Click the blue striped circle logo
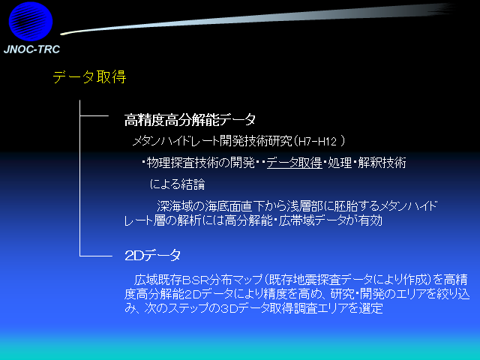[31, 22]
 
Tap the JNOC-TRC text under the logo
[31, 49]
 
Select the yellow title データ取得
[89, 76]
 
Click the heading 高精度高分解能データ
[190, 120]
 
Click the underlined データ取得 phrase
[295, 163]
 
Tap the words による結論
[178, 184]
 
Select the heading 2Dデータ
[153, 255]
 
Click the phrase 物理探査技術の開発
[201, 163]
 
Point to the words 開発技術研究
[256, 142]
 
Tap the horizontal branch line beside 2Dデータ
[96, 256]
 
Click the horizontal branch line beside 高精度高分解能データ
[94, 115]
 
